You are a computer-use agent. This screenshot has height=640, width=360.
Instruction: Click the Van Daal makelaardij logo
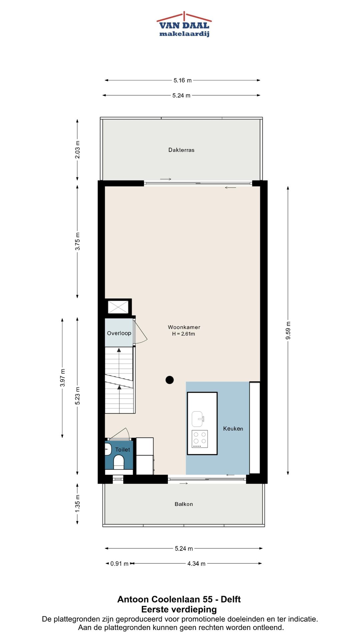(x=184, y=24)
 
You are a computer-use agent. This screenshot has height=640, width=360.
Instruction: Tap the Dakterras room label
(x=181, y=150)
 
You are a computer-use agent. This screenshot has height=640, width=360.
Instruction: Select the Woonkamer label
(x=184, y=327)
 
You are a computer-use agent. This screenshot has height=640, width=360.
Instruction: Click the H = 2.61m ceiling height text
(x=184, y=334)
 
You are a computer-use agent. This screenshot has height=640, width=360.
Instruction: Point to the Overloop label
(x=119, y=333)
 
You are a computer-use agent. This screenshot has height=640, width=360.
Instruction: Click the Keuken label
(x=233, y=429)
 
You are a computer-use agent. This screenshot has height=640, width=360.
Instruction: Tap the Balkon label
(x=184, y=504)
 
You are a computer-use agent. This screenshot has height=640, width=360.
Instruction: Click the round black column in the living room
(x=170, y=380)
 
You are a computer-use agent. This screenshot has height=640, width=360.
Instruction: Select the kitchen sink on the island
(x=198, y=419)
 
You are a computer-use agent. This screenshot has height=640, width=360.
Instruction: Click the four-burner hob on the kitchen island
(x=200, y=439)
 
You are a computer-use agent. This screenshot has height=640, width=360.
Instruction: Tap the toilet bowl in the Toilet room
(x=119, y=462)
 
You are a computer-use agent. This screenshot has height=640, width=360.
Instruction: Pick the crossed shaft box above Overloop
(x=118, y=307)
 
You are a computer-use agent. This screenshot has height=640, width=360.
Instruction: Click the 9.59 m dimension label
(x=288, y=331)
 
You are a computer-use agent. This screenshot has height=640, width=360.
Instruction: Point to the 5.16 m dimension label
(x=183, y=80)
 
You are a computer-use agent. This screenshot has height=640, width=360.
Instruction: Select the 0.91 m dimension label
(x=119, y=564)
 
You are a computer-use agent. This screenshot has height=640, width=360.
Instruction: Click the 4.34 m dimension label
(x=196, y=564)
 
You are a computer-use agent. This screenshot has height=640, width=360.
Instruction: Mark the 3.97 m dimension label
(x=62, y=378)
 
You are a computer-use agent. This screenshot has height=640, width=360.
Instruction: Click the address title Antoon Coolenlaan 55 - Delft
(x=179, y=599)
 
